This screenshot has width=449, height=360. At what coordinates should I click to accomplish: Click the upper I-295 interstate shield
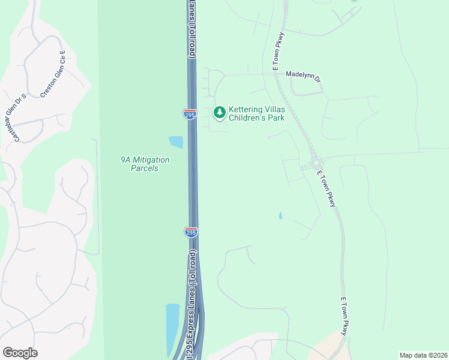(x=189, y=113)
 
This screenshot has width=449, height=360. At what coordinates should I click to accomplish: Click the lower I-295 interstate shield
(x=190, y=232)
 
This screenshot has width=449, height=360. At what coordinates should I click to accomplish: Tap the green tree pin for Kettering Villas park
(x=220, y=112)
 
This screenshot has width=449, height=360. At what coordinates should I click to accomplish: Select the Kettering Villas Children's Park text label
(x=256, y=114)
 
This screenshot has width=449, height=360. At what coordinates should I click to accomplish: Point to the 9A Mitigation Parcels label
(x=145, y=164)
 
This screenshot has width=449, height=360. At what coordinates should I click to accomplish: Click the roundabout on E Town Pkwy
(x=316, y=163)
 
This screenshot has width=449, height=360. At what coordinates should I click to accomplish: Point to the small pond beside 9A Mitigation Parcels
(x=176, y=142)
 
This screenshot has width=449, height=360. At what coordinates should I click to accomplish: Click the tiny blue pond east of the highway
(x=280, y=215)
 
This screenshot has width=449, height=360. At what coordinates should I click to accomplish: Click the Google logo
(x=20, y=353)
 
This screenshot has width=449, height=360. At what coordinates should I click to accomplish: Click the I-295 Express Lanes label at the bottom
(x=192, y=306)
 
